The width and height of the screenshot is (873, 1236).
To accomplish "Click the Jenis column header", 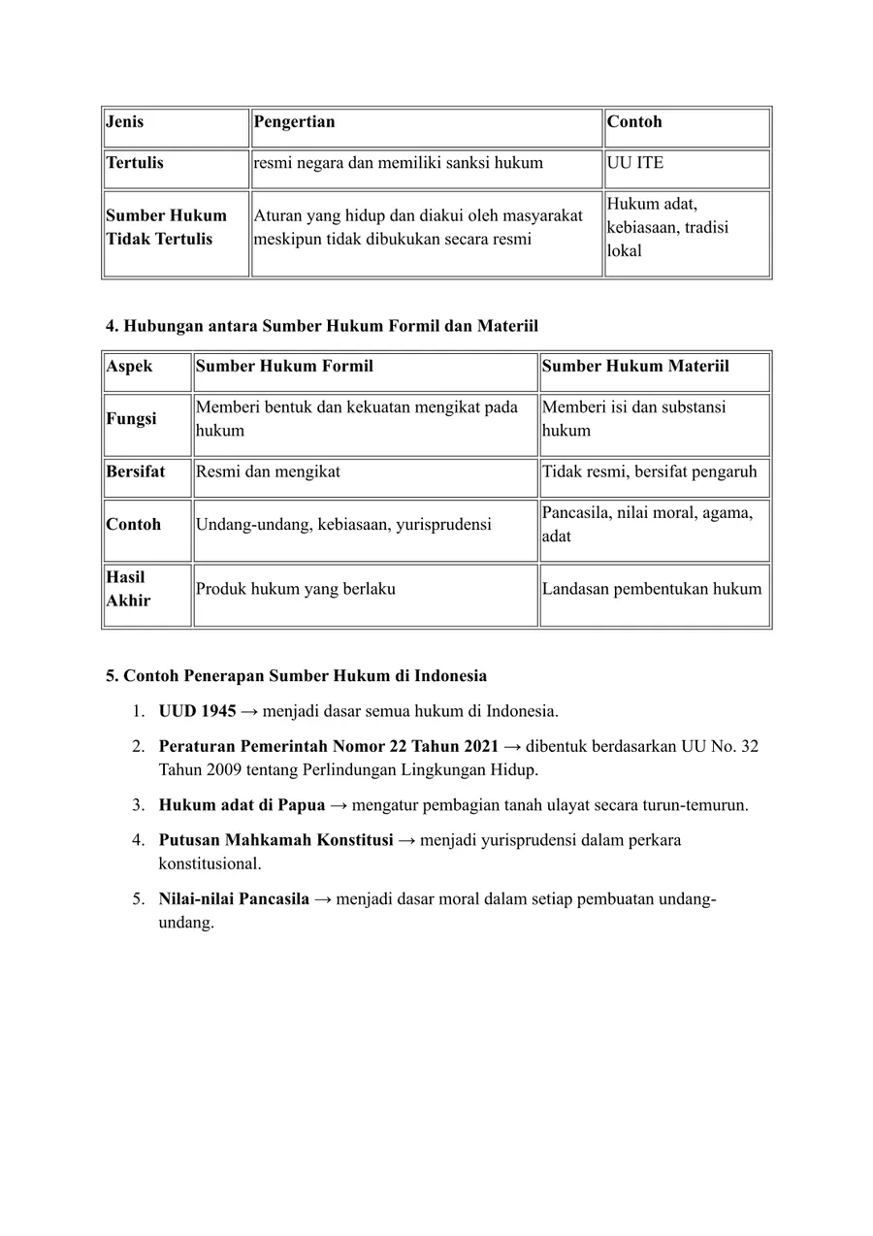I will tap(125, 122).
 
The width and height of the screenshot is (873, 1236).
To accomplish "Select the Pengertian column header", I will tap(294, 122).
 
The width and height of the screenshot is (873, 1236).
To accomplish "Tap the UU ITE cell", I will tap(635, 163).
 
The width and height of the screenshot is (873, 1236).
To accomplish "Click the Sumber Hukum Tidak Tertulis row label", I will tap(166, 227).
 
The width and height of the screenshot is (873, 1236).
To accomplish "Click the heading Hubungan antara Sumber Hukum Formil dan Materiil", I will tap(322, 326).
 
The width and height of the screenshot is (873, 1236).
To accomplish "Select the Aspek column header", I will tap(130, 367).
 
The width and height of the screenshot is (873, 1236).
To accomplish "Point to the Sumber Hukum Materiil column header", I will tap(635, 367).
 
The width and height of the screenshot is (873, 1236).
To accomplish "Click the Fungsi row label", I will tap(131, 419).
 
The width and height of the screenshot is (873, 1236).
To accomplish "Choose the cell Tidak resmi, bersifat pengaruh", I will tap(649, 472).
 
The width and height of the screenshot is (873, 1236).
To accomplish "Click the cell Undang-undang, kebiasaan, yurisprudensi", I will tap(343, 525).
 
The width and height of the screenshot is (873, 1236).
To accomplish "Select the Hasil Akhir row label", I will tap(128, 589).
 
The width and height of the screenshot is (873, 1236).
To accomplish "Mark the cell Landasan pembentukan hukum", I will tap(652, 589).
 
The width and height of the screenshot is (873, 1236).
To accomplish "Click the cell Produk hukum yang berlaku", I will tap(296, 589).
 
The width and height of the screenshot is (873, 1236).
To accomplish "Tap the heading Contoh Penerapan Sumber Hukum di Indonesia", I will tap(297, 676).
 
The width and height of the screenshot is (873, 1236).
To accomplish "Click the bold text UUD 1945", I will tap(198, 712).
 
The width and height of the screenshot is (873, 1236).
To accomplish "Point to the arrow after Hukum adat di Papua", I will tap(339, 805).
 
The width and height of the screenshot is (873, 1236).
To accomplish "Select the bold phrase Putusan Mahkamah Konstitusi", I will tap(275, 840).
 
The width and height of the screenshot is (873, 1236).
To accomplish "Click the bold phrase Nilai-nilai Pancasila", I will tap(234, 899).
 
